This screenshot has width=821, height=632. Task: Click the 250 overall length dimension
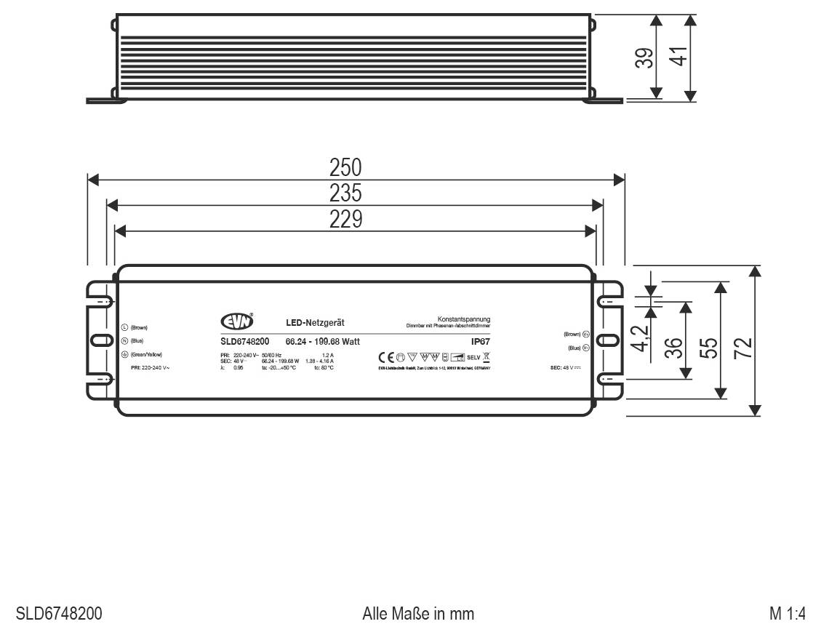[x=346, y=168]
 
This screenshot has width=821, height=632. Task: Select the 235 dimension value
[x=346, y=195]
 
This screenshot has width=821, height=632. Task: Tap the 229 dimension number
[x=346, y=220]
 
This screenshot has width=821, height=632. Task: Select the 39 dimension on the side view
[x=643, y=57]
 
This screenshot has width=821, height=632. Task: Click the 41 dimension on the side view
[x=678, y=57]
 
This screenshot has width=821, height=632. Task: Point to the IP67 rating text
[x=481, y=340]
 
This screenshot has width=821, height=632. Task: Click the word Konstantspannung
[x=464, y=319]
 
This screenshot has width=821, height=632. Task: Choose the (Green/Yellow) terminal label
[x=146, y=354]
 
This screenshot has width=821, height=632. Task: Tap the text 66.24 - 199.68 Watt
[x=322, y=341]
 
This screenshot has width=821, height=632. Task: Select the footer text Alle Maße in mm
[x=418, y=614]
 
